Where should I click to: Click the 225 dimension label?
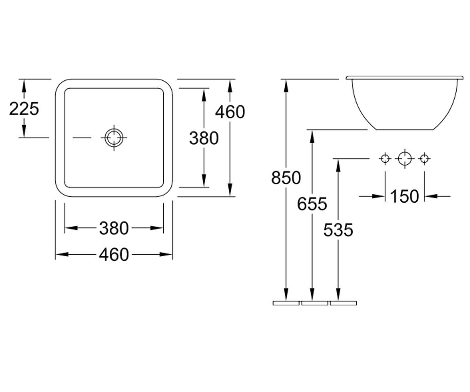[x=24, y=109]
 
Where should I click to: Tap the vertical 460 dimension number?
[x=230, y=112]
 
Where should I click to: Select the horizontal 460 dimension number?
[x=114, y=254]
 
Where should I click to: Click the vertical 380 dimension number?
[x=204, y=138]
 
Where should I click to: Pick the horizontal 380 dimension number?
[x=114, y=228]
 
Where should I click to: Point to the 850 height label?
[x=286, y=178]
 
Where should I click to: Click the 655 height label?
[x=312, y=204]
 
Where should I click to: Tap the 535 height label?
[x=338, y=230]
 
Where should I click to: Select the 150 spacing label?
[x=405, y=196]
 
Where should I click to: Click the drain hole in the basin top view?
[x=114, y=138]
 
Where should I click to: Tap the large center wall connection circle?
[x=405, y=159]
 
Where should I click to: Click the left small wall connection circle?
[x=385, y=159]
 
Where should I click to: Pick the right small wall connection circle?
[x=424, y=159]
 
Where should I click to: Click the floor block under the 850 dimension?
[x=286, y=303]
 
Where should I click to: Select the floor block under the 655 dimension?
[x=315, y=303]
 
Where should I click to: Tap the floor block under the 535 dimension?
[x=343, y=303]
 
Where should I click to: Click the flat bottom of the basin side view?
[x=405, y=130]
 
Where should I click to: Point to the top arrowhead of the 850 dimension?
[x=286, y=86]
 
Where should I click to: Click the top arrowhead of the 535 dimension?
[x=338, y=165]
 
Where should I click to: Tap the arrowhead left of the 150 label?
[x=378, y=196]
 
